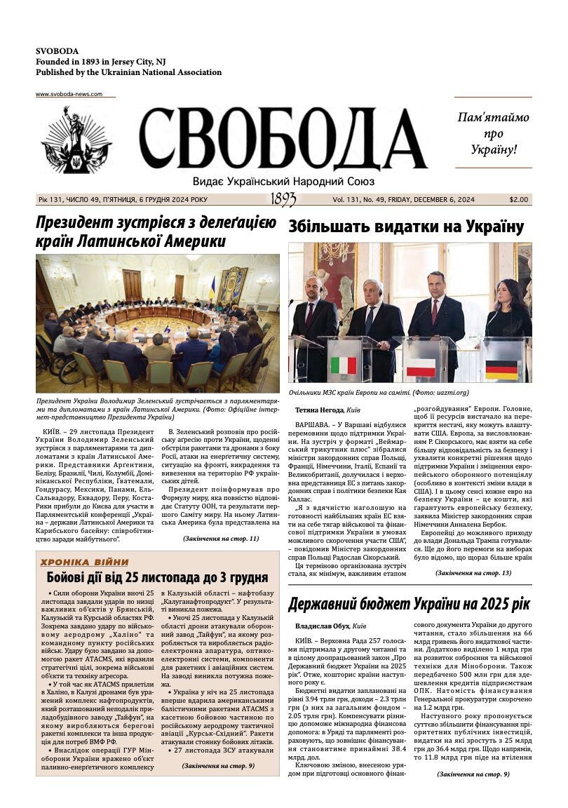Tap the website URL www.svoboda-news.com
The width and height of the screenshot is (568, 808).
(x=69, y=94)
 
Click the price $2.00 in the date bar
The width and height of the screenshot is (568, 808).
(x=519, y=200)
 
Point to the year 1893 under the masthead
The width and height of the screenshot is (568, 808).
(x=283, y=199)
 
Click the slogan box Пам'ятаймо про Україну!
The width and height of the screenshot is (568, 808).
(x=493, y=133)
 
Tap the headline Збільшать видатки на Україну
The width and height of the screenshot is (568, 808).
(x=406, y=227)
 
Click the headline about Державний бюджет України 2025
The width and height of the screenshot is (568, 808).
(x=409, y=604)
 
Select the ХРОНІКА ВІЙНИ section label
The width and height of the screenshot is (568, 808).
(x=84, y=562)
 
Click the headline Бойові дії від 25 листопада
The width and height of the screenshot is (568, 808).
(x=157, y=578)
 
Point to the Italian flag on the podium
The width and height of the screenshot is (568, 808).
(x=344, y=365)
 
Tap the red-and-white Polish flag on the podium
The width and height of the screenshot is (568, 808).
(x=421, y=367)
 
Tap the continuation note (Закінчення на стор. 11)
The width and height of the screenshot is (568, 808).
(x=220, y=539)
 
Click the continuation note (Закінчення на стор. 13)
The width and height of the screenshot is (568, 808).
(x=473, y=573)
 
